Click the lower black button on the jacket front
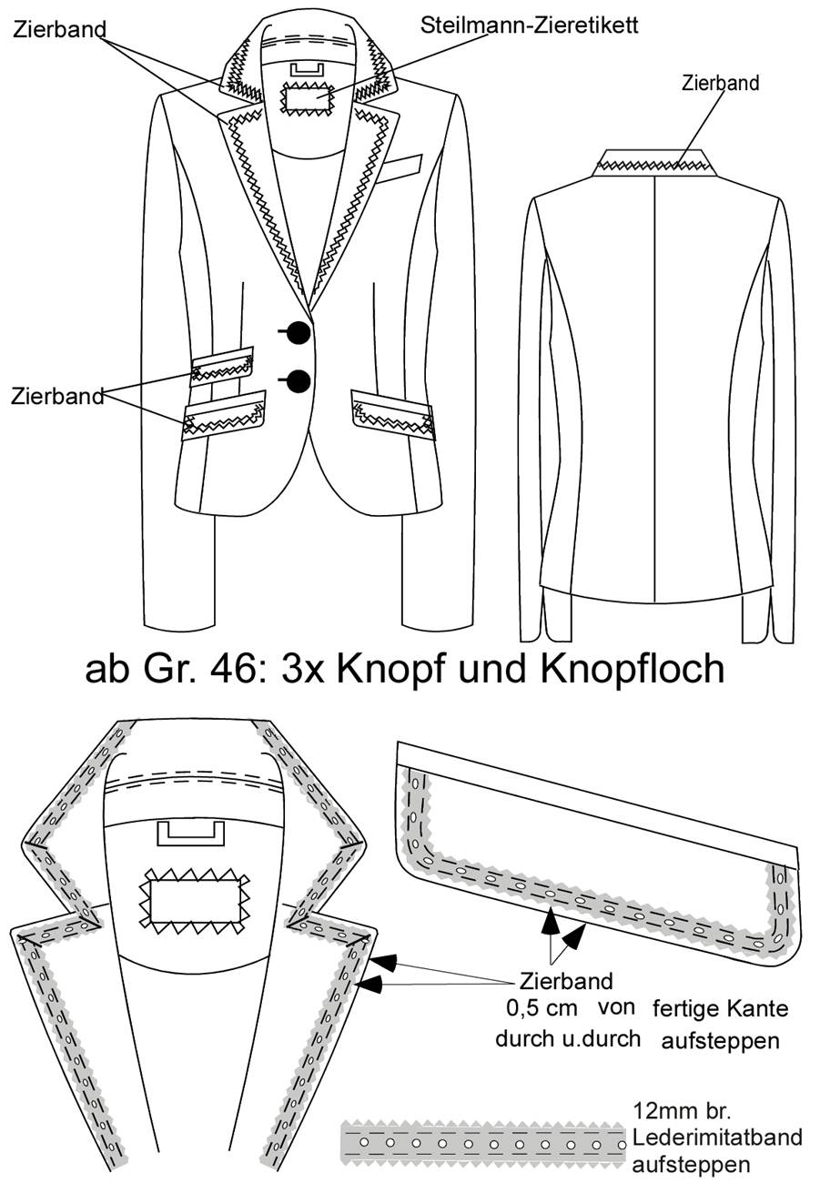(299, 380)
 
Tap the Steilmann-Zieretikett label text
(529, 25)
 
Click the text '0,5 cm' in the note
(542, 1007)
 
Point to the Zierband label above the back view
(720, 83)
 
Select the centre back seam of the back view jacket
(654, 389)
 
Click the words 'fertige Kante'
(720, 1008)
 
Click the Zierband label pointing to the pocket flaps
(57, 396)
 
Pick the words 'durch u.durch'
(568, 1038)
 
